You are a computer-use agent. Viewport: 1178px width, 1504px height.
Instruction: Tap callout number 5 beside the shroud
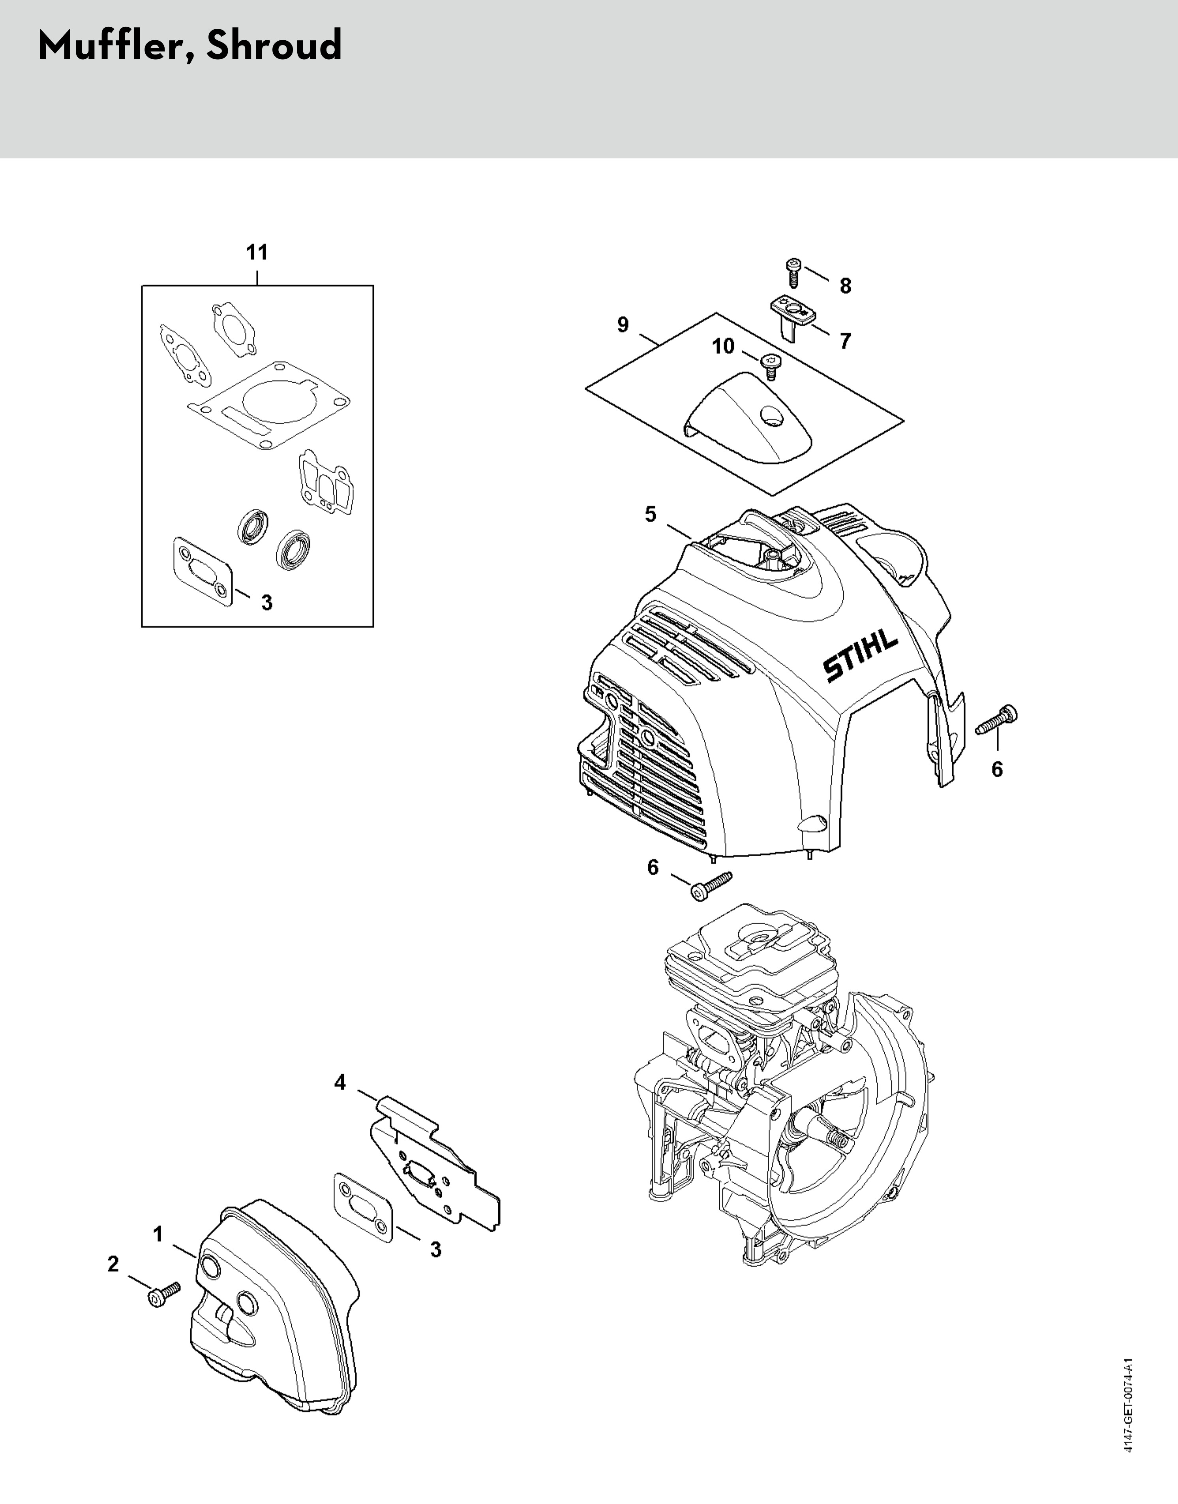[650, 515]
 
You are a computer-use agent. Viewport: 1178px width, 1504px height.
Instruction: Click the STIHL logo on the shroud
[860, 658]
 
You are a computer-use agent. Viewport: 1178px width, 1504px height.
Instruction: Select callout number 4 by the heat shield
[340, 1083]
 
